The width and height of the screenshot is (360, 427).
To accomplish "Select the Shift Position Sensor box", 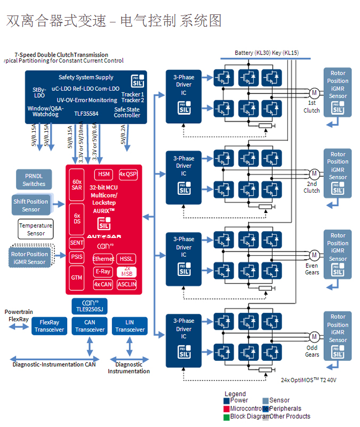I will (31, 205).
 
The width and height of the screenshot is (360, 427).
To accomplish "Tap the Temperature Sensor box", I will (36, 229).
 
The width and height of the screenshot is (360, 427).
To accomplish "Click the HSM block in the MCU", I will (103, 174).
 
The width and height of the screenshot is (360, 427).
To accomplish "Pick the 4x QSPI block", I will (128, 174).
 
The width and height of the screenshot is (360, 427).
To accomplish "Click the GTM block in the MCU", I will (77, 278).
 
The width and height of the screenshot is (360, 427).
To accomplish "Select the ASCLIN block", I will (127, 284).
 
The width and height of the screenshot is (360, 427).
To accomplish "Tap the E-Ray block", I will (103, 271).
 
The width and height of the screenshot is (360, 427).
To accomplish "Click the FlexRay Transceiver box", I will (49, 326).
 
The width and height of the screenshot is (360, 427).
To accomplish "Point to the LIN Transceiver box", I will (130, 326).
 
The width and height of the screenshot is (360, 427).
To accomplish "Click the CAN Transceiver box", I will (90, 326).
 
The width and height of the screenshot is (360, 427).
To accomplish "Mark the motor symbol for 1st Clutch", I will (314, 93).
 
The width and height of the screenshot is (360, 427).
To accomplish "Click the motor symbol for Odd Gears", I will (314, 336).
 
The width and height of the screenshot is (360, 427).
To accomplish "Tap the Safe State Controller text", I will (127, 112).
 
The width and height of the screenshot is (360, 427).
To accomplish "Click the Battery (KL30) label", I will (252, 53).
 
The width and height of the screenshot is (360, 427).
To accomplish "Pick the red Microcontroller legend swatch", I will (227, 408).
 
